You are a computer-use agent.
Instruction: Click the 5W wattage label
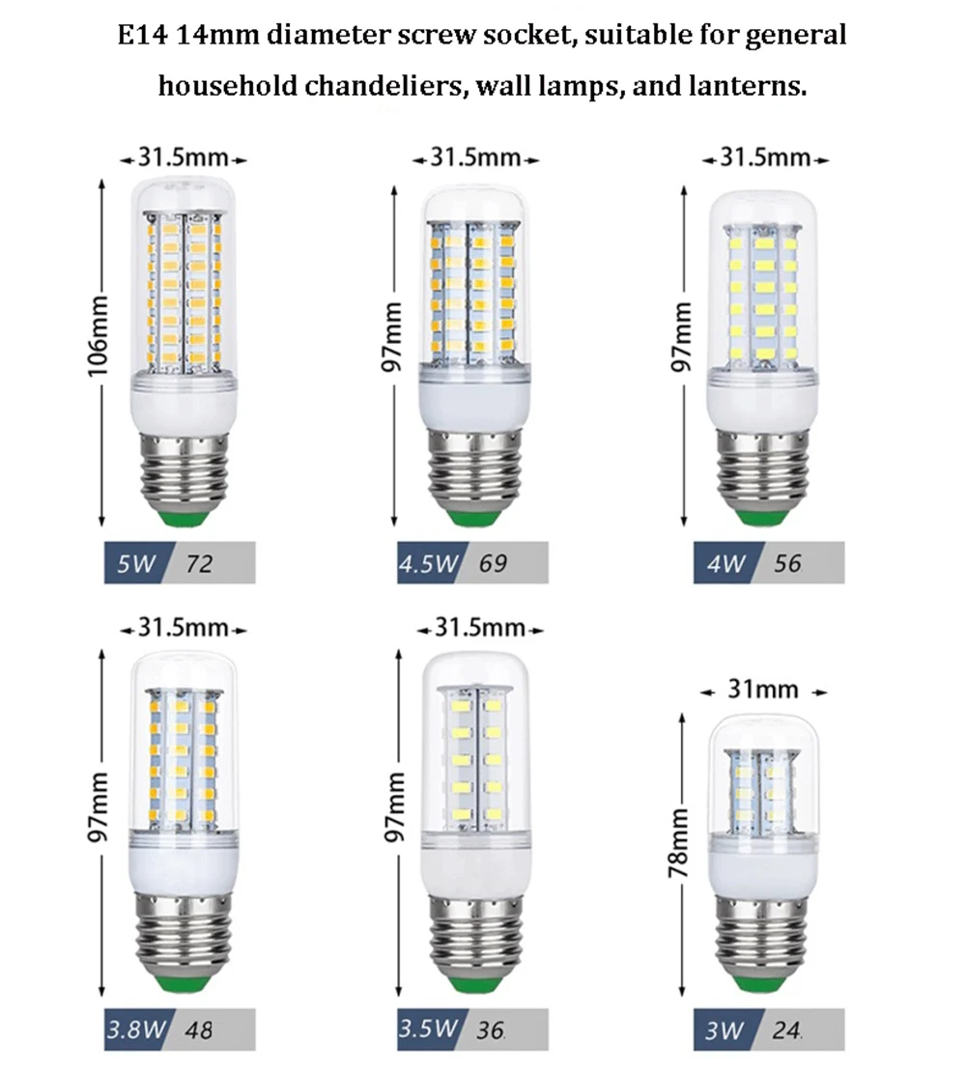[135, 562]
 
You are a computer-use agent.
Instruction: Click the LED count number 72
[200, 562]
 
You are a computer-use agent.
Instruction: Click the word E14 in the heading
[141, 37]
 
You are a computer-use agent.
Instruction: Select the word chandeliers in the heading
[389, 87]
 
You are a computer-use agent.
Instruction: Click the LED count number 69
[492, 562]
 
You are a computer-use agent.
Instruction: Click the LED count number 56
[787, 562]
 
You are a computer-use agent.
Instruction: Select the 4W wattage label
[724, 562]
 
